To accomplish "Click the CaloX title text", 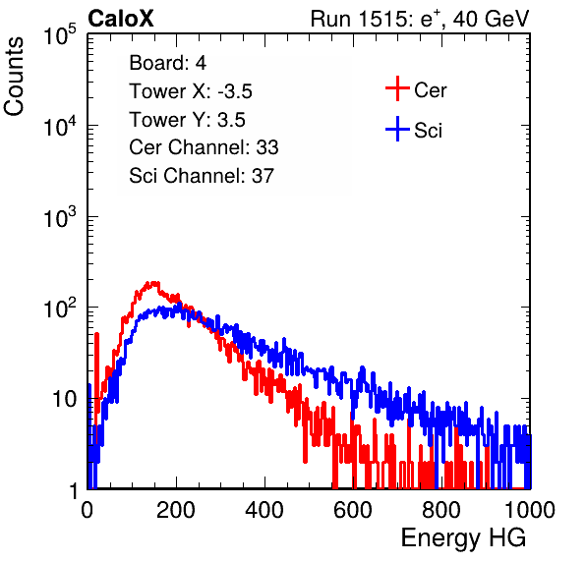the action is pos(120,19).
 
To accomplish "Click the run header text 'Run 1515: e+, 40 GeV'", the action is pos(420,19).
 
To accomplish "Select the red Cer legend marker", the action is pos(397,88).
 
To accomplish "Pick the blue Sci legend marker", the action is pos(397,129).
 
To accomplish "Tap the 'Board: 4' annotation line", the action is pos(168,63).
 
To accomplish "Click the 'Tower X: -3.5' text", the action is pos(191,91).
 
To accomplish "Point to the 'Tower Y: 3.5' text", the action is pos(187,120).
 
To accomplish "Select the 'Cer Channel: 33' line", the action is pos(204,147).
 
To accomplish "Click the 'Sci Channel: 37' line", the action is pos(202,176).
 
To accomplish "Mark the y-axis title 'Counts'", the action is pos(14,77).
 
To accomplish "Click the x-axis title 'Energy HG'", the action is pos(463,538).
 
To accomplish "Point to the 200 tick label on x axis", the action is pos(176,509).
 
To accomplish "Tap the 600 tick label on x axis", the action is pos(353,509).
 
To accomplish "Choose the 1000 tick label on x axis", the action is pos(530,509).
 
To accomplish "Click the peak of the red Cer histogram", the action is pos(152,283).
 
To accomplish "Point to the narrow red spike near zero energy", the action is pos(96,373).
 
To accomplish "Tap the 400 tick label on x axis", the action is pos(264,509).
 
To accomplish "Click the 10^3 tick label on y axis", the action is pos(60,217).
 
